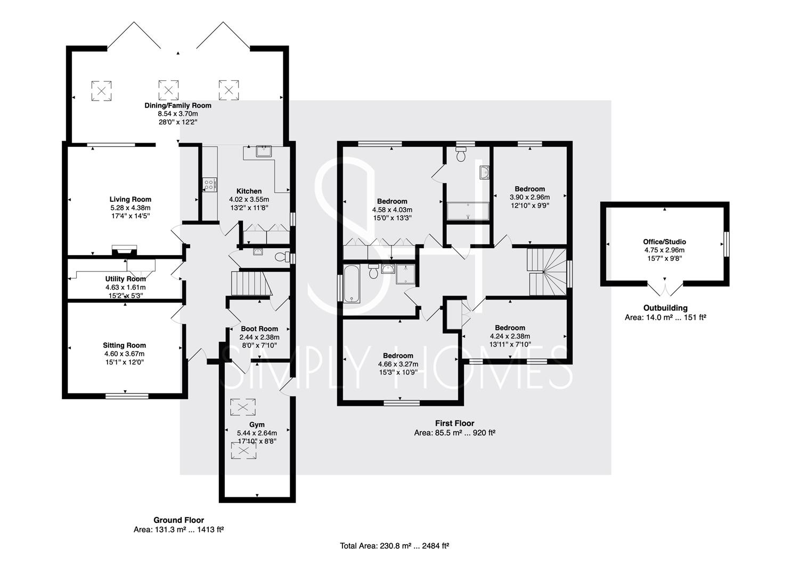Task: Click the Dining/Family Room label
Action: coord(177,105)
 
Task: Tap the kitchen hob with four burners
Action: coord(209,185)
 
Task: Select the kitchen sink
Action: coord(264,151)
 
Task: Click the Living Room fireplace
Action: coord(124,250)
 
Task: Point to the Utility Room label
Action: coord(125,279)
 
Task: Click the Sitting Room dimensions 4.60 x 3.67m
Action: coord(124,354)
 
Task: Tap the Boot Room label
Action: coord(259,328)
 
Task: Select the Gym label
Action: coord(257,425)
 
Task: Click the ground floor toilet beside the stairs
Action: coord(282,257)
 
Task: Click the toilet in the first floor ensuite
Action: coord(461,154)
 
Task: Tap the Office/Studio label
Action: coord(664,242)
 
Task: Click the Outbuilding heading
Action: coord(665,308)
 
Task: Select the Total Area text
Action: coord(395,546)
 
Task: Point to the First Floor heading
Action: coord(454,423)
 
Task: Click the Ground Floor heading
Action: coord(178,520)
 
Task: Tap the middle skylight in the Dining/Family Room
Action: coord(168,90)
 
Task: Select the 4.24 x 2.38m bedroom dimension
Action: coord(510,336)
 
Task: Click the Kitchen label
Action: coord(249,191)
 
